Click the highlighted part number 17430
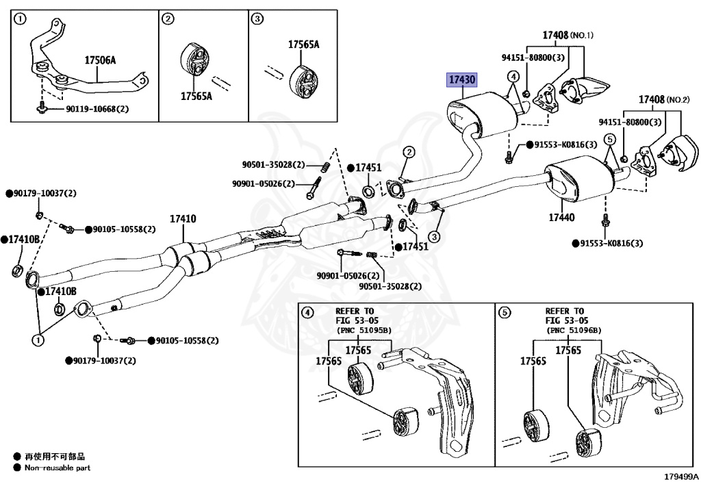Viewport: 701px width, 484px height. click(x=461, y=80)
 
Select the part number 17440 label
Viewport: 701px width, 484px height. click(x=561, y=218)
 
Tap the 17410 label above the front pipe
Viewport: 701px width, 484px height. click(x=183, y=219)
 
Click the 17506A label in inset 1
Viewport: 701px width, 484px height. click(x=100, y=60)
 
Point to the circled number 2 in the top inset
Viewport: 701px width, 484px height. click(x=168, y=19)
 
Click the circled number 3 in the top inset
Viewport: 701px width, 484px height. click(x=257, y=19)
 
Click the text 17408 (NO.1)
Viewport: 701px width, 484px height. click(x=568, y=35)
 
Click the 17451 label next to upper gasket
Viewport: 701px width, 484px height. click(x=368, y=168)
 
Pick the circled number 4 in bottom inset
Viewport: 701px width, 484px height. click(x=307, y=313)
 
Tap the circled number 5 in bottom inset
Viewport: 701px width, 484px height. click(x=505, y=313)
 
